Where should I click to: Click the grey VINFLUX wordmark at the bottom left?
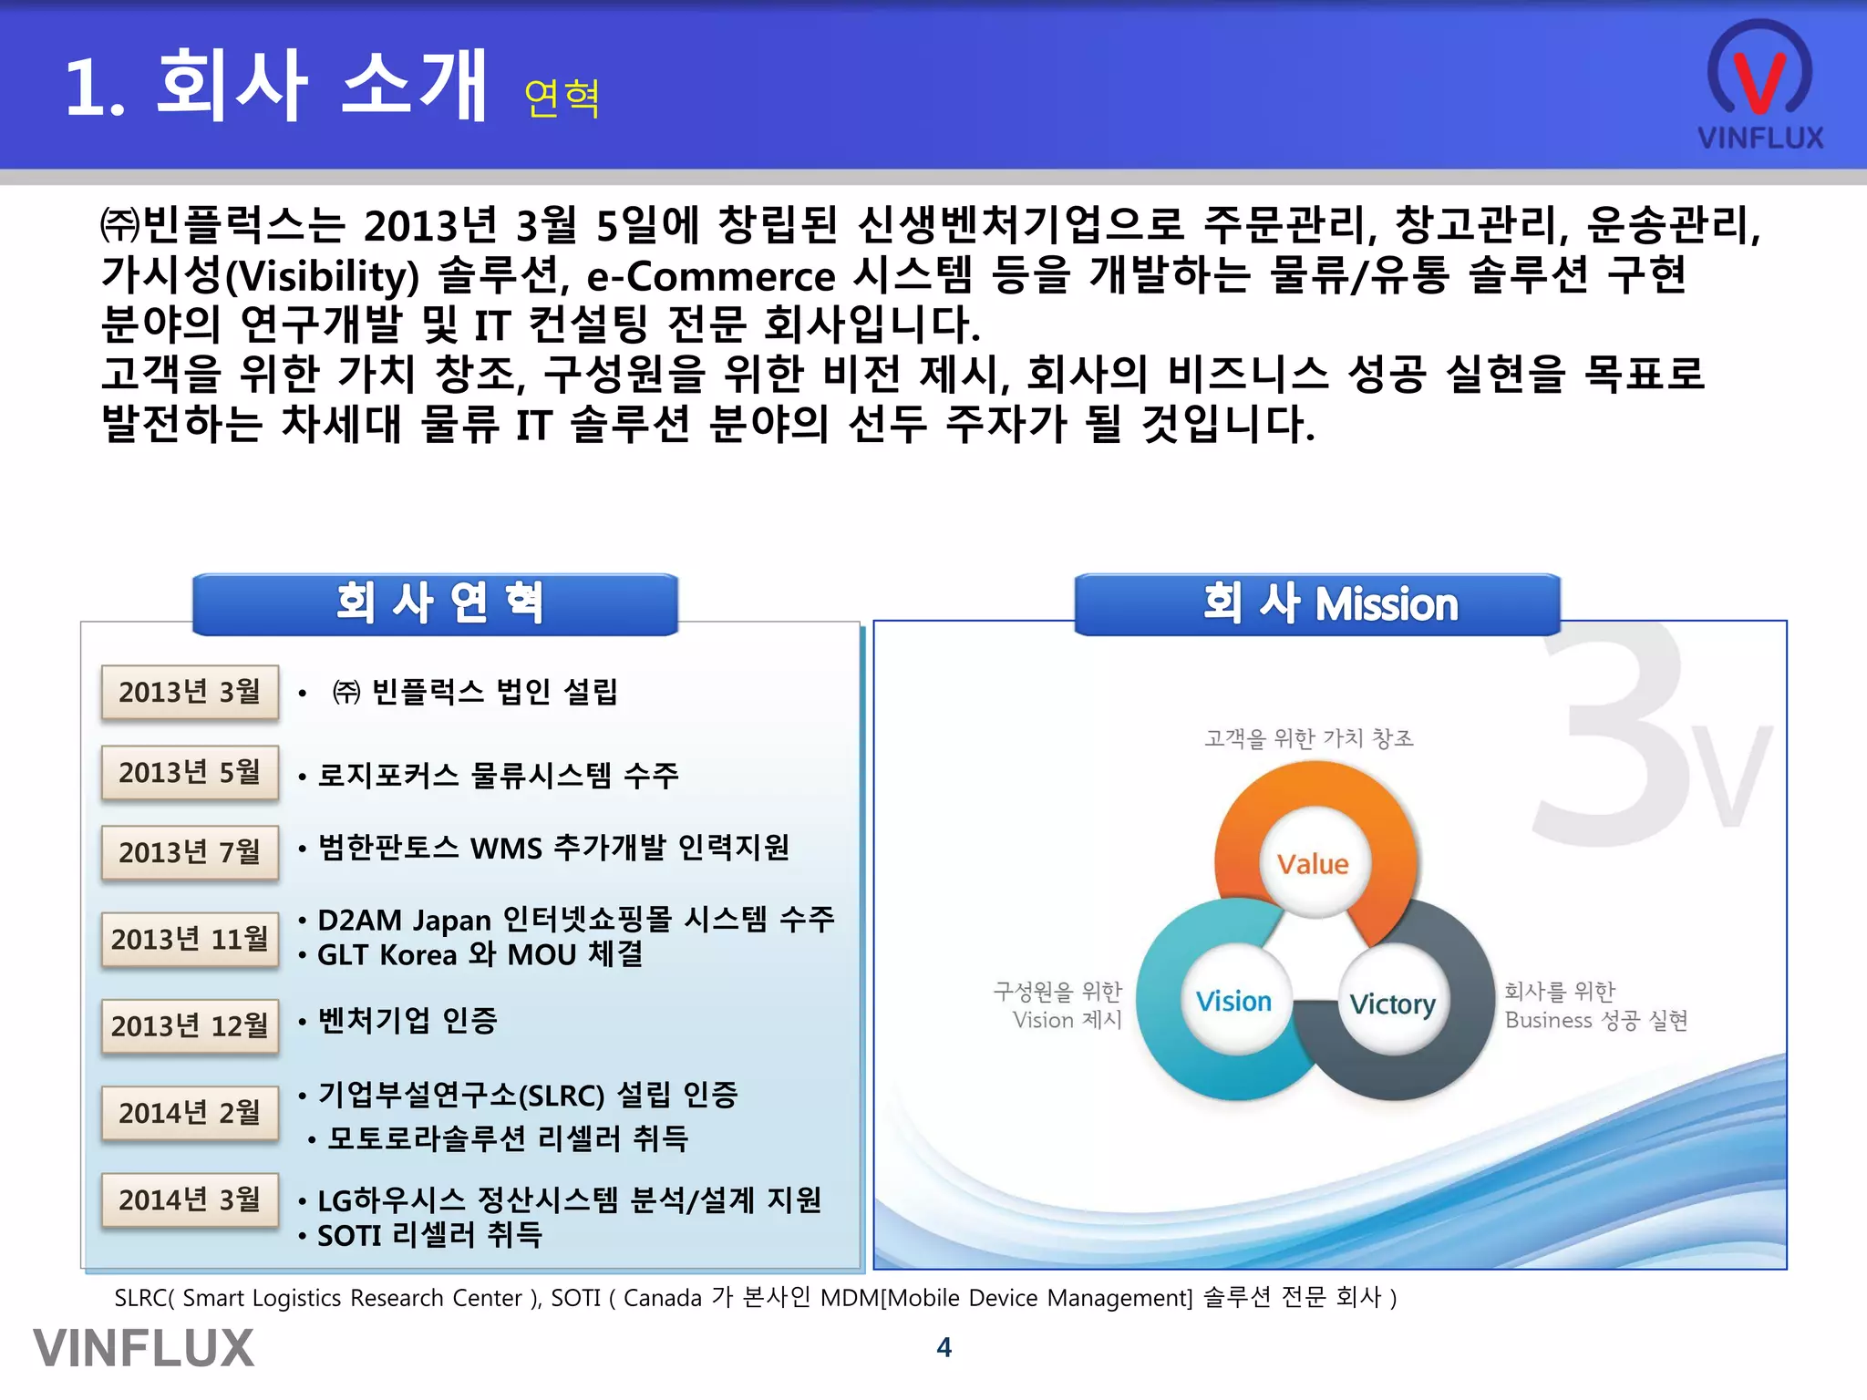pos(144,1349)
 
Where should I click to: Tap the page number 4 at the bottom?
pos(944,1347)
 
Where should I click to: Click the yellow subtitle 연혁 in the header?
pos(562,98)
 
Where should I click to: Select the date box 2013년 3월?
pos(190,693)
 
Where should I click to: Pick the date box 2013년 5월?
pos(190,773)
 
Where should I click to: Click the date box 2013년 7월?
pos(190,852)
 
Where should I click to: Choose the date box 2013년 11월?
pos(190,939)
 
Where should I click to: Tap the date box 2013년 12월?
pos(190,1026)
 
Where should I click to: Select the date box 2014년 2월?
pos(190,1113)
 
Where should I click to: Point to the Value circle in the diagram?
pos(1313,863)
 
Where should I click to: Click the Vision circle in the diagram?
pos(1233,1001)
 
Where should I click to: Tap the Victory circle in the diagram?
pos(1392,1004)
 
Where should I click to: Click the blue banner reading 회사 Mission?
pos(1317,604)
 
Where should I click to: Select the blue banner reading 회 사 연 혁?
pos(436,604)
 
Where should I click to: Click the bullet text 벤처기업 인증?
pos(407,1021)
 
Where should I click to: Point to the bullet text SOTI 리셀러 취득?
pos(428,1236)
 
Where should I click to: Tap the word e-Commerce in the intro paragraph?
pos(711,276)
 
